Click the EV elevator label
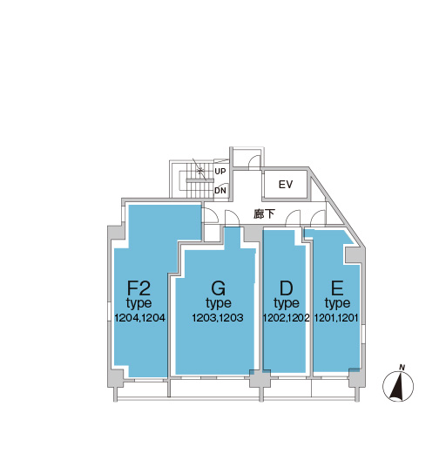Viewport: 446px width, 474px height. [x=286, y=185]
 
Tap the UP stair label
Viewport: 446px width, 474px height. [x=220, y=172]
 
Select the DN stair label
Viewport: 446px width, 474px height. [x=220, y=191]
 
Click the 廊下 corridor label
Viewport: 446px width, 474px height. [x=265, y=214]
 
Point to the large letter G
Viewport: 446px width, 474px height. [x=219, y=288]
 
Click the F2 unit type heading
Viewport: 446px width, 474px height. [x=139, y=288]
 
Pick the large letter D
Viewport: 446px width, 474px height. [x=286, y=288]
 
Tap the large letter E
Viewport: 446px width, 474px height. [x=337, y=288]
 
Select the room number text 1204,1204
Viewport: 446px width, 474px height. [x=140, y=318]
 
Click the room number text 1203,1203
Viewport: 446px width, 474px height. [x=218, y=318]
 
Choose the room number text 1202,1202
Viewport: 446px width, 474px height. [x=286, y=318]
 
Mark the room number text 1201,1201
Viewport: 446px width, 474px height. [x=336, y=318]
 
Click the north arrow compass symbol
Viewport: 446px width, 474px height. [x=397, y=386]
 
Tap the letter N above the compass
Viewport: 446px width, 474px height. [x=402, y=368]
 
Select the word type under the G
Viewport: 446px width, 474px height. [x=219, y=303]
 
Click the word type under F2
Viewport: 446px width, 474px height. [x=139, y=303]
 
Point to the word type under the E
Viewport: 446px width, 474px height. [x=337, y=303]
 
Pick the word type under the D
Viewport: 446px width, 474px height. [x=287, y=303]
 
